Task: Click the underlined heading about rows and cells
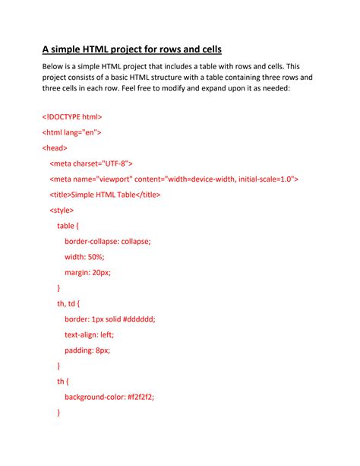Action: tap(131, 50)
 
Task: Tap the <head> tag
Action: tap(55, 147)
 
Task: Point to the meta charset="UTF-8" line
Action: tap(91, 163)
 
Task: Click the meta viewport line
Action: tap(174, 179)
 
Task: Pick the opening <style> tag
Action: tap(62, 210)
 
